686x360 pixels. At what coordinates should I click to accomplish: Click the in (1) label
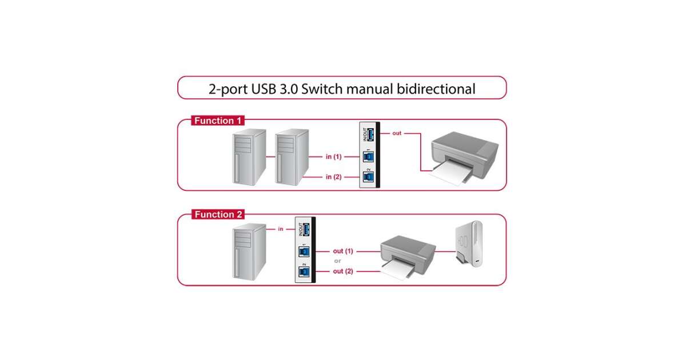click(x=333, y=157)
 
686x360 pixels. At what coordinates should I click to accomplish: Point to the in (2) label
click(x=333, y=177)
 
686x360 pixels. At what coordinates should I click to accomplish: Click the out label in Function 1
click(x=397, y=133)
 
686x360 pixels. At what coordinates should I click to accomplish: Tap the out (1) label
click(x=344, y=251)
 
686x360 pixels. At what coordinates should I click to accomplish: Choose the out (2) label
click(x=344, y=271)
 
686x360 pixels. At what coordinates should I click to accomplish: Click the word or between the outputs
click(x=337, y=261)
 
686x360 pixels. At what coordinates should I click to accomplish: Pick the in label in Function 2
click(x=281, y=229)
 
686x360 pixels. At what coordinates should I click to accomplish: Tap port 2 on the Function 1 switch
click(x=369, y=177)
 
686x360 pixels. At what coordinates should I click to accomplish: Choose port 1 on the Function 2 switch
click(x=304, y=251)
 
